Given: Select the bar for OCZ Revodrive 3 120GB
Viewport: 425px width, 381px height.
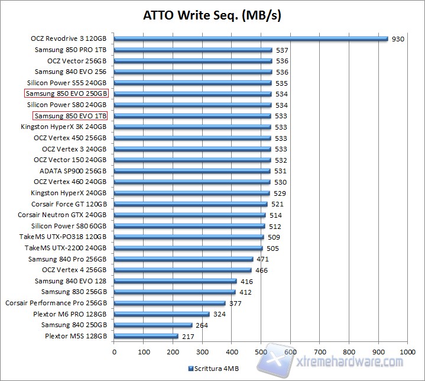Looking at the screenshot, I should point(251,39).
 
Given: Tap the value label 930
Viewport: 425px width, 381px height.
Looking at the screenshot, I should point(398,39).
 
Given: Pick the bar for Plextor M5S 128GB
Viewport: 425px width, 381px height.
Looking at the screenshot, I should point(146,336).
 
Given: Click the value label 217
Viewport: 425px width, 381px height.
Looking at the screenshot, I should point(188,336).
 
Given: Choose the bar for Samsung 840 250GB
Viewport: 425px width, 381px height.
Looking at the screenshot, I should point(153,325).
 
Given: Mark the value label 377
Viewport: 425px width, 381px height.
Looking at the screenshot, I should point(236,303).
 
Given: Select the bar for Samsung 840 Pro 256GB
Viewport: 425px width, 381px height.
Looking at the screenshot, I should point(183,259).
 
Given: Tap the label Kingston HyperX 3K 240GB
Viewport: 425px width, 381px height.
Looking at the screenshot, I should point(64,127).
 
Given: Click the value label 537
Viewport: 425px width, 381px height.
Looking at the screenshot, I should point(282,50).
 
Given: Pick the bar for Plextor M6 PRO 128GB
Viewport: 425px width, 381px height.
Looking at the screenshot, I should point(161,314).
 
